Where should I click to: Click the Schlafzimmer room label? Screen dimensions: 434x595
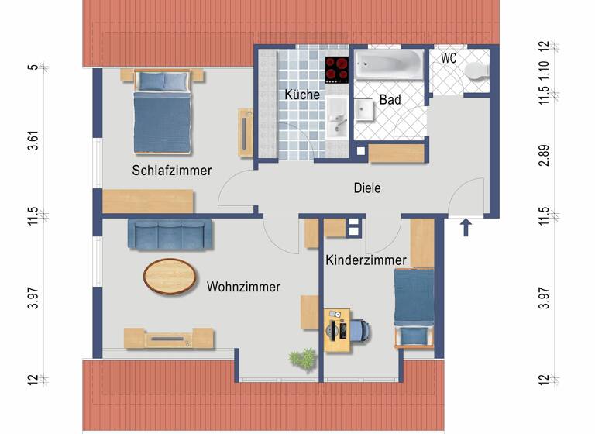(x=171, y=170)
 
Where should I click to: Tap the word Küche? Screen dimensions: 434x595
(x=302, y=95)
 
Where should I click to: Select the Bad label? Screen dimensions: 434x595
(x=390, y=100)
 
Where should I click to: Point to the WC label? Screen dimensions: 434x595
(x=449, y=58)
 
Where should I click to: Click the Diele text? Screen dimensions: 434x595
(x=367, y=188)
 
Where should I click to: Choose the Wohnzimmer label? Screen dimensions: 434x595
(x=243, y=287)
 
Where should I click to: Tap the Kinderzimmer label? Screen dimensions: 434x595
(x=366, y=260)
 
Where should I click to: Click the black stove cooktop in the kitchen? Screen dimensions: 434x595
(x=337, y=70)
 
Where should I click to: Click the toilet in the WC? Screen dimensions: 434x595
(x=475, y=71)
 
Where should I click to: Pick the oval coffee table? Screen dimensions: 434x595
(x=169, y=276)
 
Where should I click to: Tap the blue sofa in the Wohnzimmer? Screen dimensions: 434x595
(x=170, y=235)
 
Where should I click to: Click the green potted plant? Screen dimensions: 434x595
(x=302, y=358)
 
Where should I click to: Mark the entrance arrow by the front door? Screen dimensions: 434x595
(x=466, y=227)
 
